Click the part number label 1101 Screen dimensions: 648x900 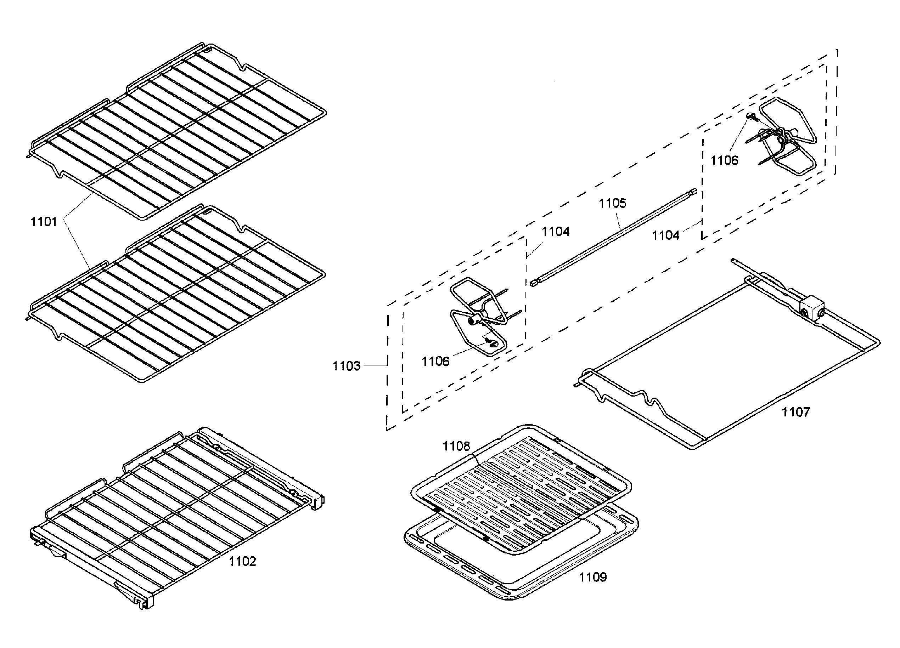point(44,222)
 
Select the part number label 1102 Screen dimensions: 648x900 point(242,561)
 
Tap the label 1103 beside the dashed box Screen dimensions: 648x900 point(347,366)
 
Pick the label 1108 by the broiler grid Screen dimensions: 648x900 point(456,446)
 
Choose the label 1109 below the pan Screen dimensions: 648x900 point(593,577)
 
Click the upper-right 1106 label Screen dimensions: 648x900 point(724,160)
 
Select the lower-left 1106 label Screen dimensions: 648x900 point(435,361)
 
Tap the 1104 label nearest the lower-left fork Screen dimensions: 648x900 point(556,231)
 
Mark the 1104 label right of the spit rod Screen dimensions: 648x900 point(665,235)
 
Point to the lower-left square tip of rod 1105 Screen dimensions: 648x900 point(533,283)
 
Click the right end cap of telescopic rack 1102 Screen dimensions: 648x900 point(318,502)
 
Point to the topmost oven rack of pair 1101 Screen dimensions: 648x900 point(179,131)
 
